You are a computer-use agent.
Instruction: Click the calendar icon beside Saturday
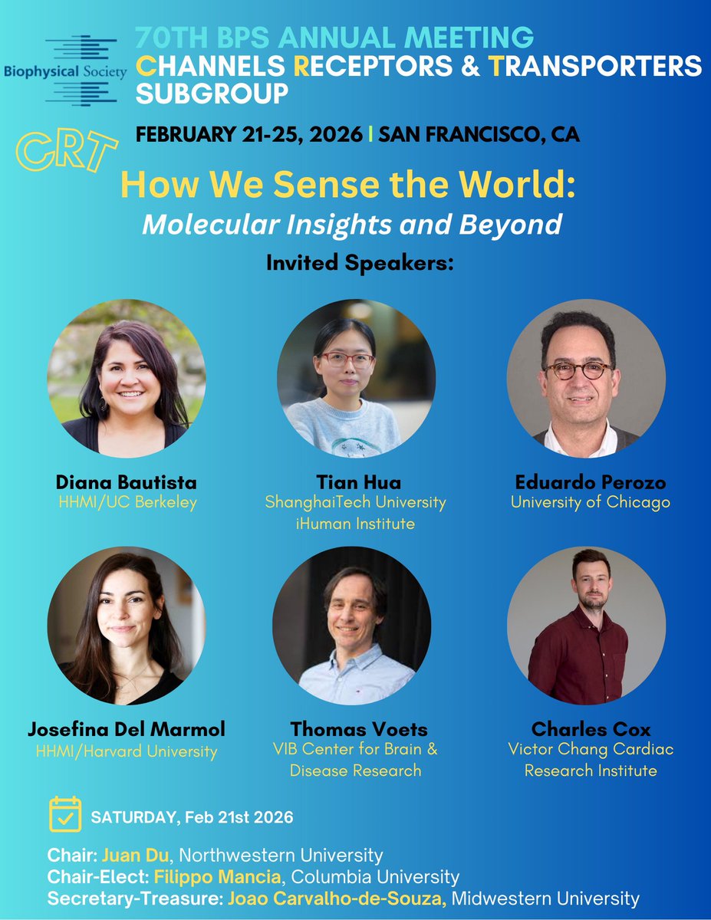pos(65,814)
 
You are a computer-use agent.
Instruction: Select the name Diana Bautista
pos(127,482)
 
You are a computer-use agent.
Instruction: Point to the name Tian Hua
pos(355,482)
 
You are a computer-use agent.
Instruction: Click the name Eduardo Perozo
pos(591,482)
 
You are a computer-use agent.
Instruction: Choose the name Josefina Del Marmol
pos(127,728)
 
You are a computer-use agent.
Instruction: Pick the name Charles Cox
pos(591,728)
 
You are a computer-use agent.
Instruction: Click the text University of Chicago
pos(591,503)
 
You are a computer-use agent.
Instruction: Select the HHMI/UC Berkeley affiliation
pos(127,503)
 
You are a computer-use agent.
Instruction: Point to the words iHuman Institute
pos(355,524)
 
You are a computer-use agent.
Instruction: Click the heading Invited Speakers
pos(360,262)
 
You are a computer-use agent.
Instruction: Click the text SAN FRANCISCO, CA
pos(479,135)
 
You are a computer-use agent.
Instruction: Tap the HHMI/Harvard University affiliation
pos(127,751)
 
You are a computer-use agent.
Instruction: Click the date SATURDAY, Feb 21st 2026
pos(192,817)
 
